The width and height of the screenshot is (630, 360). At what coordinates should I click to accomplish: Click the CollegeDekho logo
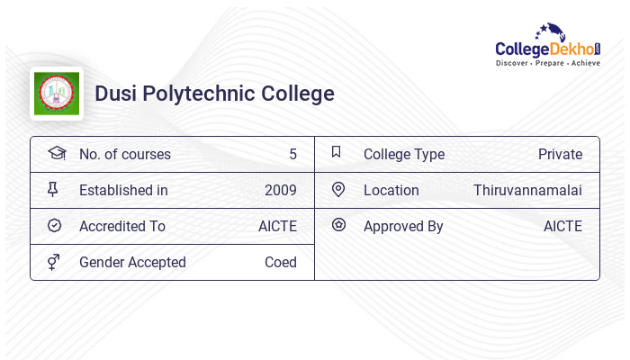click(x=548, y=46)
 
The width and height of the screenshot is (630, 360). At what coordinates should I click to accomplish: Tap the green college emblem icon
click(x=57, y=94)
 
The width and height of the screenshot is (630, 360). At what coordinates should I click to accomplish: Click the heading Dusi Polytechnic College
click(x=214, y=94)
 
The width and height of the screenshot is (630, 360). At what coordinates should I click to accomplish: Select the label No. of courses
click(x=124, y=154)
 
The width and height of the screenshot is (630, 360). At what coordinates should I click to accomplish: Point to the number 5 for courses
click(x=292, y=154)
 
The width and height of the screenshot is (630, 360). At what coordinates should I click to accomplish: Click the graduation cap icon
click(x=56, y=153)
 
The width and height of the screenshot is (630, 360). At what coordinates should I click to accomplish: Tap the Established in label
click(x=123, y=190)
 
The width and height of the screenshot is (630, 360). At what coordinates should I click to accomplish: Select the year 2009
click(x=280, y=190)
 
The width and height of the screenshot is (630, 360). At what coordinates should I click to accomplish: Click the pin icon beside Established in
click(x=53, y=189)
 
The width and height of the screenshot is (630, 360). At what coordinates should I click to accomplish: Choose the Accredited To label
click(x=121, y=226)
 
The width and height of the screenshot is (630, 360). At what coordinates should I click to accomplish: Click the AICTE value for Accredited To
click(x=277, y=226)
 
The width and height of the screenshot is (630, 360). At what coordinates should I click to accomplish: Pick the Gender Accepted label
click(x=132, y=262)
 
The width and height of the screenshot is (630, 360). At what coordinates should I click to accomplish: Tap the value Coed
click(x=280, y=262)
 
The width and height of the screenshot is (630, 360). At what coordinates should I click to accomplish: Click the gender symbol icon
click(x=53, y=262)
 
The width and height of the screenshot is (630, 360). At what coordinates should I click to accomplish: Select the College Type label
click(x=403, y=154)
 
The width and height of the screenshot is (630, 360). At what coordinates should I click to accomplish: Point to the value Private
click(x=560, y=154)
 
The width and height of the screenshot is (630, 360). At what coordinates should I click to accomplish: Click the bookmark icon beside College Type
click(x=337, y=152)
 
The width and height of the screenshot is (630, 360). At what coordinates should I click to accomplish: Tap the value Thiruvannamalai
click(x=527, y=190)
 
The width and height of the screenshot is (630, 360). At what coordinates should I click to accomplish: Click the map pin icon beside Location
click(x=338, y=189)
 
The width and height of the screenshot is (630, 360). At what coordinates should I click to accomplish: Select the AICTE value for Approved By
click(x=562, y=226)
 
